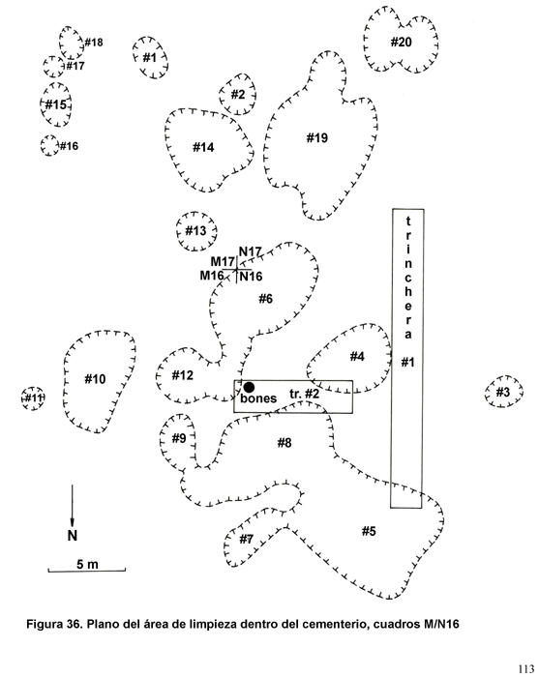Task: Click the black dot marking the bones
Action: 249,387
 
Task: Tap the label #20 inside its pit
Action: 402,43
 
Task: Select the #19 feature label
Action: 317,138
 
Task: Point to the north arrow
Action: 73,506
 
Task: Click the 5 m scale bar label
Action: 88,564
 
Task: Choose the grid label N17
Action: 251,251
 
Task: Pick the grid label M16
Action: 212,276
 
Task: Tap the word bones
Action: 258,398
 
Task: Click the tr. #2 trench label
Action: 305,394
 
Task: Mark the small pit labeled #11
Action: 33,398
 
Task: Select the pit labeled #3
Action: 503,392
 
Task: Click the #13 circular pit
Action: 196,231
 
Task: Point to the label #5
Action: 369,531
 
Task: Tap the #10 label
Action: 95,379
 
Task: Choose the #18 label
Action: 94,43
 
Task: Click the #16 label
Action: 69,146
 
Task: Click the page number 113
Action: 526,669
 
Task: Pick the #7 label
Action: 246,539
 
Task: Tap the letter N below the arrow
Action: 73,536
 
